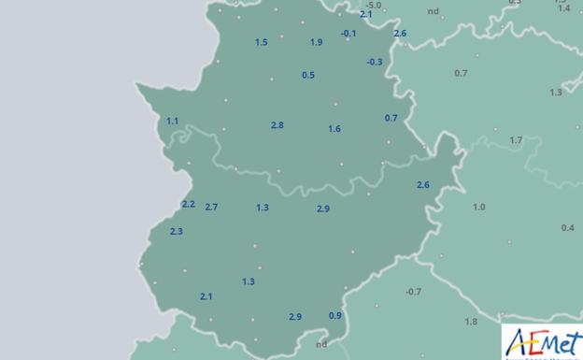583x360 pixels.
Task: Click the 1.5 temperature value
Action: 261,42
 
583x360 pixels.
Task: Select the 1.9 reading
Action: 316,42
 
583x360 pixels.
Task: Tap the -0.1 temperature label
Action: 348,34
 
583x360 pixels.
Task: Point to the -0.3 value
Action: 374,62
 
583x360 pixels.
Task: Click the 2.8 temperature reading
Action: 277,125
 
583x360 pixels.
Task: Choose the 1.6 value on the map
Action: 334,129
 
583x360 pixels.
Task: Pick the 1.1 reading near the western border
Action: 172,121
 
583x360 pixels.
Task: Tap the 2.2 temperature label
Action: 188,204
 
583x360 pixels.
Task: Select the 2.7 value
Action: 210,207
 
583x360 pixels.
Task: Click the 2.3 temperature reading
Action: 176,231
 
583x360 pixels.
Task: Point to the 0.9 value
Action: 334,315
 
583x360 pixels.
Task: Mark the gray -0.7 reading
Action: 413,292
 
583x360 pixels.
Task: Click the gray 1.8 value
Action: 471,322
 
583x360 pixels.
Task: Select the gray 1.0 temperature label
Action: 478,207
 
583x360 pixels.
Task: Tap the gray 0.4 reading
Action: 567,228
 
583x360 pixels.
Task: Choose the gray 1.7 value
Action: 516,140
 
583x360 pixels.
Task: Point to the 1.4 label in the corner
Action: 563,7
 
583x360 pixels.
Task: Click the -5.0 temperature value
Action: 373,5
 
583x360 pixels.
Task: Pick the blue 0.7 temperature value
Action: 391,118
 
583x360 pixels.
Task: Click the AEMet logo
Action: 542,342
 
